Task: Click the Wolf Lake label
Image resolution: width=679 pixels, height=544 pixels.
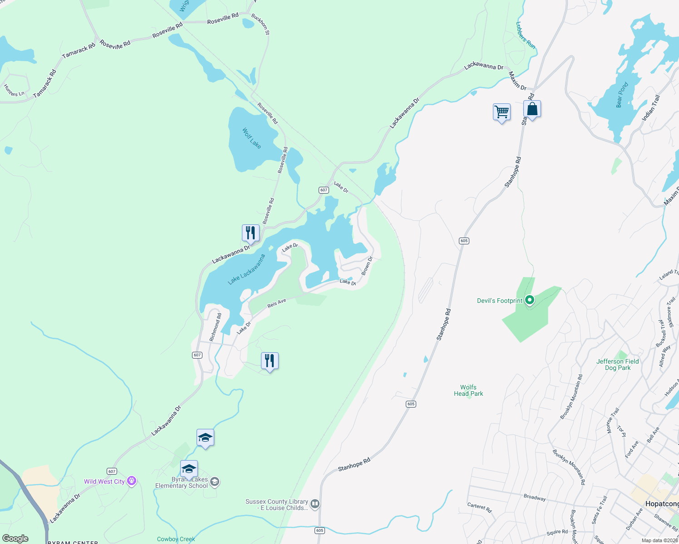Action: pyautogui.click(x=251, y=138)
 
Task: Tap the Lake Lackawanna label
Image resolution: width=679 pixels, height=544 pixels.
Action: pyautogui.click(x=246, y=269)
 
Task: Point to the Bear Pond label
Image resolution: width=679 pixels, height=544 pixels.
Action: pyautogui.click(x=622, y=95)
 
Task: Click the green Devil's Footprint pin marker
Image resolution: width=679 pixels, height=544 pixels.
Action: pyautogui.click(x=529, y=300)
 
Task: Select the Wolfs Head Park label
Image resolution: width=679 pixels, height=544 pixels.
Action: pyautogui.click(x=468, y=390)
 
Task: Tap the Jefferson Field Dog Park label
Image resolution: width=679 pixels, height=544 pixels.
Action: pyautogui.click(x=617, y=364)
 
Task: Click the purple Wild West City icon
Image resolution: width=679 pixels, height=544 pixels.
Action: pyautogui.click(x=132, y=481)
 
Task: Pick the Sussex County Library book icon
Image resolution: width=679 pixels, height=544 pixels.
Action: pyautogui.click(x=315, y=504)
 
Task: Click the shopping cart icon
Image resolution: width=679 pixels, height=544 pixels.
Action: pyautogui.click(x=502, y=112)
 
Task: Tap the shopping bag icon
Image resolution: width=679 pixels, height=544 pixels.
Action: pyautogui.click(x=532, y=109)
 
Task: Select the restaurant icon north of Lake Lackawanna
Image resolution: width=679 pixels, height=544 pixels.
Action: pyautogui.click(x=251, y=233)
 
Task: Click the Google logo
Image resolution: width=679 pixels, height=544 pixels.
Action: pyautogui.click(x=15, y=539)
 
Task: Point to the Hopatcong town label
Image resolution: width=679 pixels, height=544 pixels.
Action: pyautogui.click(x=662, y=504)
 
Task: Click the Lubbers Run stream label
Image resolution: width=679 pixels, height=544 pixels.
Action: pyautogui.click(x=526, y=35)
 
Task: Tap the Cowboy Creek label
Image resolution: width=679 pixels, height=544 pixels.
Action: pyautogui.click(x=176, y=539)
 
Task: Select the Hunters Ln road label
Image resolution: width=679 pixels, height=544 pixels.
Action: pyautogui.click(x=14, y=91)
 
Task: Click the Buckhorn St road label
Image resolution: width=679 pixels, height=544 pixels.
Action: pyautogui.click(x=261, y=24)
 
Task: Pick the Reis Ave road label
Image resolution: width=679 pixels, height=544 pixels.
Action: pyautogui.click(x=277, y=303)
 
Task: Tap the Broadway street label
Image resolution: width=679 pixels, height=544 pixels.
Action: pyautogui.click(x=535, y=497)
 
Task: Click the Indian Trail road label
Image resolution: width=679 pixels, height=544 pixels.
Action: pyautogui.click(x=651, y=107)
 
